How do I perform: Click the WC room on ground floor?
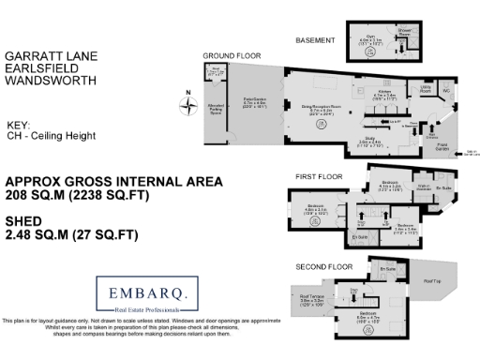click(x=445, y=91)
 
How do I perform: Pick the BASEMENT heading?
click(x=315, y=40)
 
